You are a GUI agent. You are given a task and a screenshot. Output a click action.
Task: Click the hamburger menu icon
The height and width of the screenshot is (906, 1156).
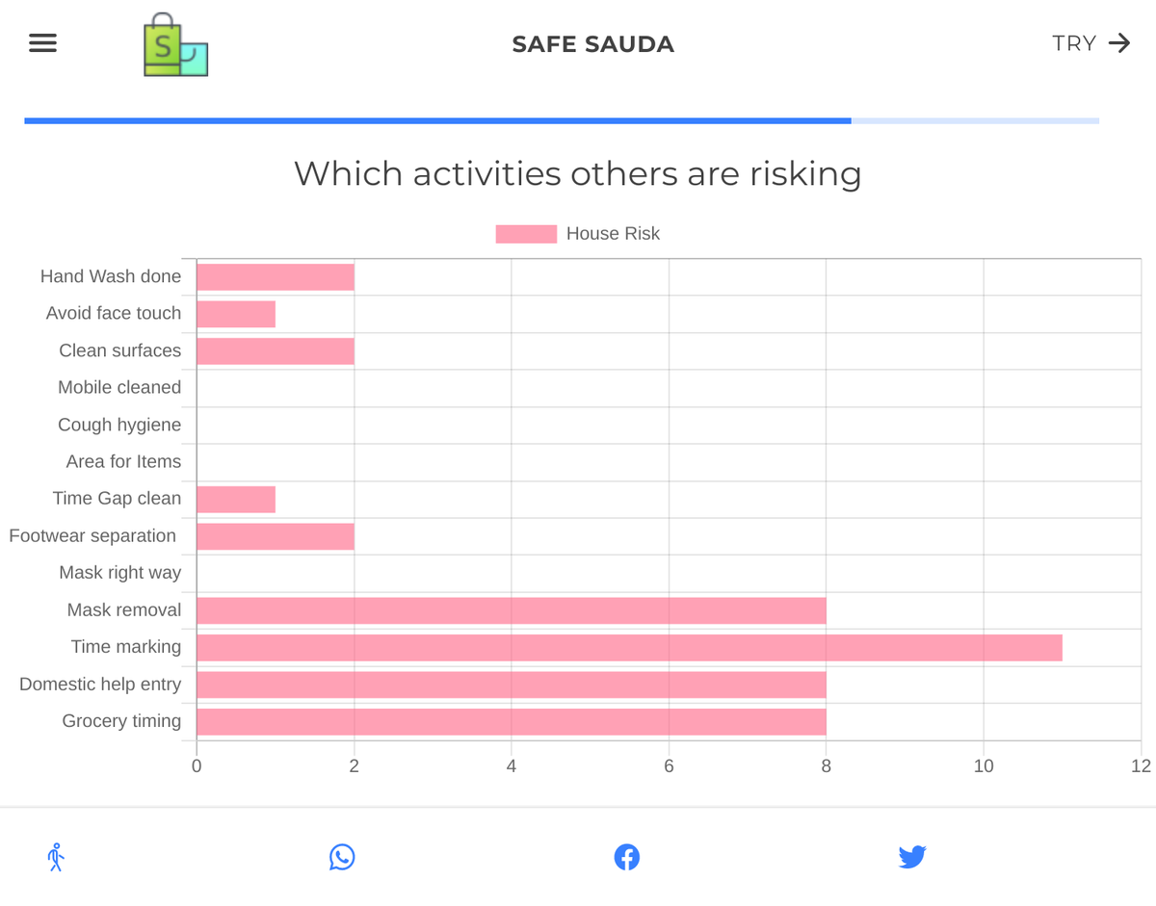point(42,43)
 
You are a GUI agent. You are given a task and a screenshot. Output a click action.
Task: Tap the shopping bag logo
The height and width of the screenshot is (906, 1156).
point(175,45)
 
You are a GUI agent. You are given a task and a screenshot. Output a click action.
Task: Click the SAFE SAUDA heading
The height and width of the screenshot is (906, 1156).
point(592,44)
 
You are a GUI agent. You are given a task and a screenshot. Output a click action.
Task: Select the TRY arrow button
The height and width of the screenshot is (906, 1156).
point(1090,43)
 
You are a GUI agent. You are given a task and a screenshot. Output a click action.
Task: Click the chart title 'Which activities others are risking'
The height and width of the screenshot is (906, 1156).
point(577,174)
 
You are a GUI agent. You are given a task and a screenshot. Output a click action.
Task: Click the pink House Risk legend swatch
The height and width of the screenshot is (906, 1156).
point(526,234)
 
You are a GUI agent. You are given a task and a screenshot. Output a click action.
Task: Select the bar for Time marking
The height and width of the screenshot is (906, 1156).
point(629,647)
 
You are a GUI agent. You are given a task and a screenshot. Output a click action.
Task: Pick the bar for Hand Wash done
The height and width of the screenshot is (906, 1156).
point(276,277)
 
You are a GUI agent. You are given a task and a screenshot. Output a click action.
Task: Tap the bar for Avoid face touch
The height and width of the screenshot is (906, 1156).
point(236,314)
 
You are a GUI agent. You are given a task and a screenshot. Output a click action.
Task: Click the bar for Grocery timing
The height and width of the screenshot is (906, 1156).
point(512,722)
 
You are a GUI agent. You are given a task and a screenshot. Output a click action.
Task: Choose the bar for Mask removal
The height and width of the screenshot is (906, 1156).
point(512,610)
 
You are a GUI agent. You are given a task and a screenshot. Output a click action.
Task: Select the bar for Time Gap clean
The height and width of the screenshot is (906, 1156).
point(236,500)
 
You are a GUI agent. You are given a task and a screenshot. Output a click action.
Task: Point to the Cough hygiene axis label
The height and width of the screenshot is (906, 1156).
point(119,425)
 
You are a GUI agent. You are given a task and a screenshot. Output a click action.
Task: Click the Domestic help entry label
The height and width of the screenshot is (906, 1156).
point(100,685)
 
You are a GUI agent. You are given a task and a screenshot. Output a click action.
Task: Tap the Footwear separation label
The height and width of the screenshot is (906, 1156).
point(92,535)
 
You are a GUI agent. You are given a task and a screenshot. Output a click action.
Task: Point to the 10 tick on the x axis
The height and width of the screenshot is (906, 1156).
point(984,766)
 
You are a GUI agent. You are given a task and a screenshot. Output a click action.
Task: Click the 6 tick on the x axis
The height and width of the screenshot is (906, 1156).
point(669,766)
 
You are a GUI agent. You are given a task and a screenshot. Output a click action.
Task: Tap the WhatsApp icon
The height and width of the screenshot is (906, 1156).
point(342,857)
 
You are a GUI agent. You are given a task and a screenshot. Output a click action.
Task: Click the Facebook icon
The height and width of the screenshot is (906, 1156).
point(627,857)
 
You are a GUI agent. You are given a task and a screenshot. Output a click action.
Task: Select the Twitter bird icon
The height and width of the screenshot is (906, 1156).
point(911,857)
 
